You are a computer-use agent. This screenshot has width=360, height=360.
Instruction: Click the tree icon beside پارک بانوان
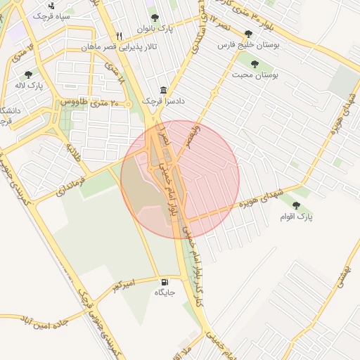(x=155, y=18)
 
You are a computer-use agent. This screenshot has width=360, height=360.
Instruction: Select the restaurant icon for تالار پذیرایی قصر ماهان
(x=120, y=35)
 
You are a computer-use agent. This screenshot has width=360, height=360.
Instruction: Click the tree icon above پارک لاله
(x=28, y=74)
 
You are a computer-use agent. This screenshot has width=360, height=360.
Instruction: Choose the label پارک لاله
(x=31, y=85)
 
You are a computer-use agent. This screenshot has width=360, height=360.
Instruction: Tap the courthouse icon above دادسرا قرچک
(x=164, y=90)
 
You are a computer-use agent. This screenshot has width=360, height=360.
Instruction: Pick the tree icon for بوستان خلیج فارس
(x=247, y=33)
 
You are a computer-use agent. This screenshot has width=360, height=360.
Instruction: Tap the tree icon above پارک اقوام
(x=295, y=205)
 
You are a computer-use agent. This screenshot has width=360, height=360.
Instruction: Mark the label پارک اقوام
(x=298, y=217)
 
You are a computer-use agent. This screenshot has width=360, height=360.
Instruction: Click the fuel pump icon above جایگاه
(x=165, y=281)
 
